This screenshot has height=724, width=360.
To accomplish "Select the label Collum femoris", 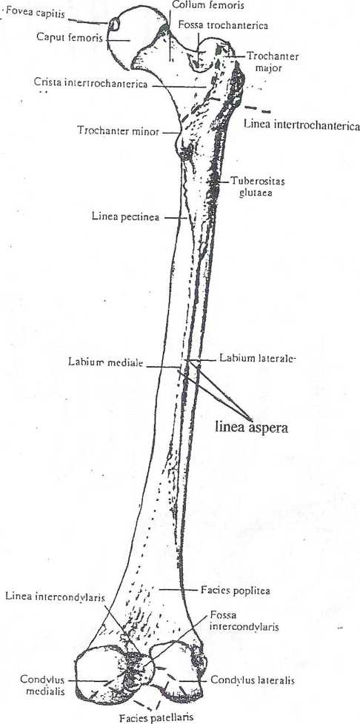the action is click(207, 5).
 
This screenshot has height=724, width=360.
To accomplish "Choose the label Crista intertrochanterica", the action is click(90, 84).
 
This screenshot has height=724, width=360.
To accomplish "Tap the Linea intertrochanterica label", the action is click(301, 124).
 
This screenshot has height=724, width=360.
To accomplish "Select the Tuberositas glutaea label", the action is click(256, 187).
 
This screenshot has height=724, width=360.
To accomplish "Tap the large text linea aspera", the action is click(252, 428).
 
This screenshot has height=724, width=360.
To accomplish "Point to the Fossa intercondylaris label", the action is click(236, 621).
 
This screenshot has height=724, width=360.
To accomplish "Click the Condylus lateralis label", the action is click(253, 680).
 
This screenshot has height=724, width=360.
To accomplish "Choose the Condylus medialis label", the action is click(41, 685).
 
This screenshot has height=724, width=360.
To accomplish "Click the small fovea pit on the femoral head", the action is click(114, 23).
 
